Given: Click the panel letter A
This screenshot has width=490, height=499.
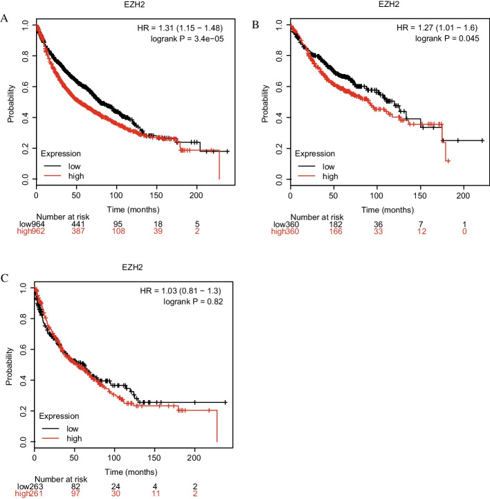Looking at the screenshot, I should (5, 19).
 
